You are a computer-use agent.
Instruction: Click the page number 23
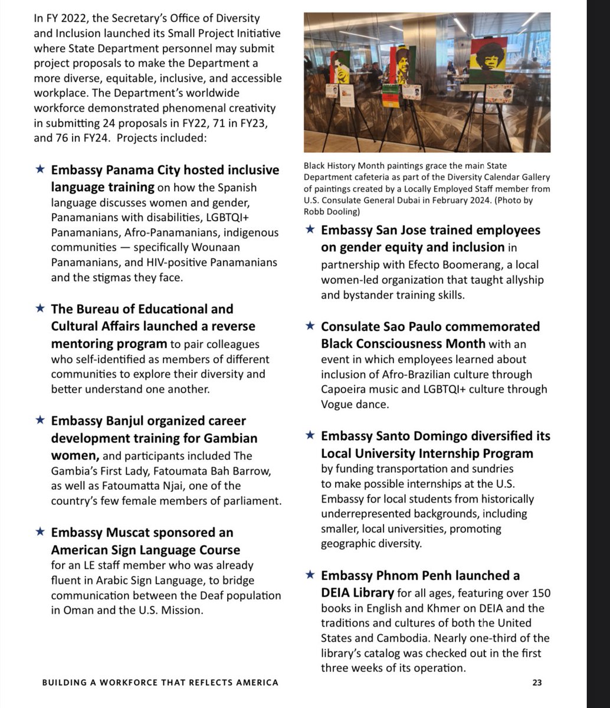point(537,683)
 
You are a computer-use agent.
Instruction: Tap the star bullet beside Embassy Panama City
point(40,170)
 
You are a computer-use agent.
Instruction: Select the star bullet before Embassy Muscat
point(40,532)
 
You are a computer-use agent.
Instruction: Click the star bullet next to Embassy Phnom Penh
point(310,575)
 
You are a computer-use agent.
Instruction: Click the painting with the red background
point(488,62)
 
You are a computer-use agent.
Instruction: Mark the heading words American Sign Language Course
point(146,550)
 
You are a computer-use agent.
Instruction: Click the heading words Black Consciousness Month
point(403,343)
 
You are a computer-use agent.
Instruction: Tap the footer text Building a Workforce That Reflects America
point(160,683)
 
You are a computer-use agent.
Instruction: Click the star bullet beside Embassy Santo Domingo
point(310,436)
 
